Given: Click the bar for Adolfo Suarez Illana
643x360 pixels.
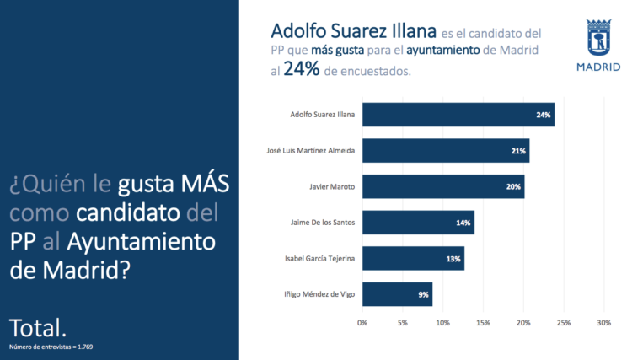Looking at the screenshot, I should point(458,114).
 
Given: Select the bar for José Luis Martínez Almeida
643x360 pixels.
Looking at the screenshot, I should point(445,150).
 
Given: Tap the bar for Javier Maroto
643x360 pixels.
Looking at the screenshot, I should point(442,186).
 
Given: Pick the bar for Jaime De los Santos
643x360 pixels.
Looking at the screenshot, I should point(418,223).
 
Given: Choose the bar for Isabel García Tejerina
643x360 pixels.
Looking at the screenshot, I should point(413,259).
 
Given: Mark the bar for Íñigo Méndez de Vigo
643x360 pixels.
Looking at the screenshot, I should point(397,294).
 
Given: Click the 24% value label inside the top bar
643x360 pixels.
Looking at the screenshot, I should point(543,115).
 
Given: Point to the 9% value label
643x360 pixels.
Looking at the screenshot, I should point(423,295).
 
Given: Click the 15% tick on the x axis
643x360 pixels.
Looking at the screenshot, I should point(483,323).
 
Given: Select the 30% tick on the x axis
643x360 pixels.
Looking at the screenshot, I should point(603,323).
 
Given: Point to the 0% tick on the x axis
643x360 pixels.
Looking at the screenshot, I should point(362,323).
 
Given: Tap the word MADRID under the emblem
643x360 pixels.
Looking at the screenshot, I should point(597,67).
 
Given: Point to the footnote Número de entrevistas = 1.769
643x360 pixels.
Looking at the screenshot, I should point(51,347).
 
